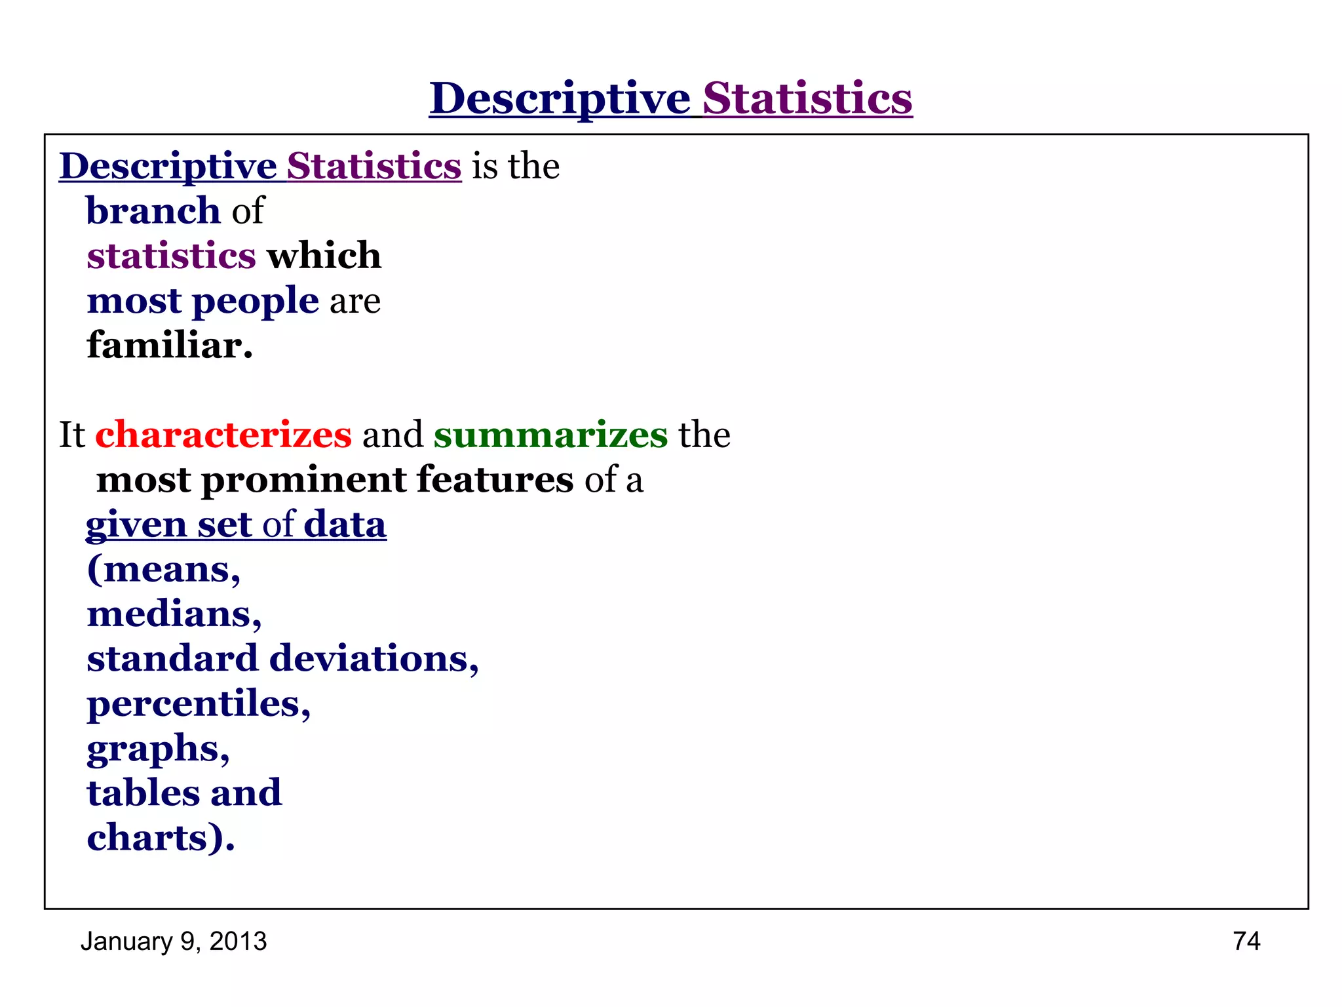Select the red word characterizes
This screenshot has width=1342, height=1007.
click(x=223, y=435)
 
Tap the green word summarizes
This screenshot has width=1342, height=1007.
click(x=550, y=435)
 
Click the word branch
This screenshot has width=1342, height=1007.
click(x=153, y=211)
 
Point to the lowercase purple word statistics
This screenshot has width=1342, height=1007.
click(x=171, y=256)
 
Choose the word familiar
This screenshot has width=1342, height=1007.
click(x=170, y=346)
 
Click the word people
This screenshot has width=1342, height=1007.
click(x=255, y=301)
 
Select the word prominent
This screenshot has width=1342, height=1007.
click(x=304, y=480)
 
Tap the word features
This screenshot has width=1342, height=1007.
click(x=495, y=480)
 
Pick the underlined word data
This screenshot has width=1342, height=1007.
click(x=345, y=525)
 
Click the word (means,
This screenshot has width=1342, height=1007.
click(x=164, y=569)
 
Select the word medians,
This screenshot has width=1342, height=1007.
click(x=174, y=614)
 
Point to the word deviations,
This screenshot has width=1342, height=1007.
click(x=374, y=659)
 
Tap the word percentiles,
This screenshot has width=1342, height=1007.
click(x=199, y=704)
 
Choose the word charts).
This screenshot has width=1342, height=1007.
click(x=161, y=838)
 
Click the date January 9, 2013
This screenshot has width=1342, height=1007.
click(x=174, y=941)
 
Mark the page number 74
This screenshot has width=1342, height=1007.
click(x=1246, y=941)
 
